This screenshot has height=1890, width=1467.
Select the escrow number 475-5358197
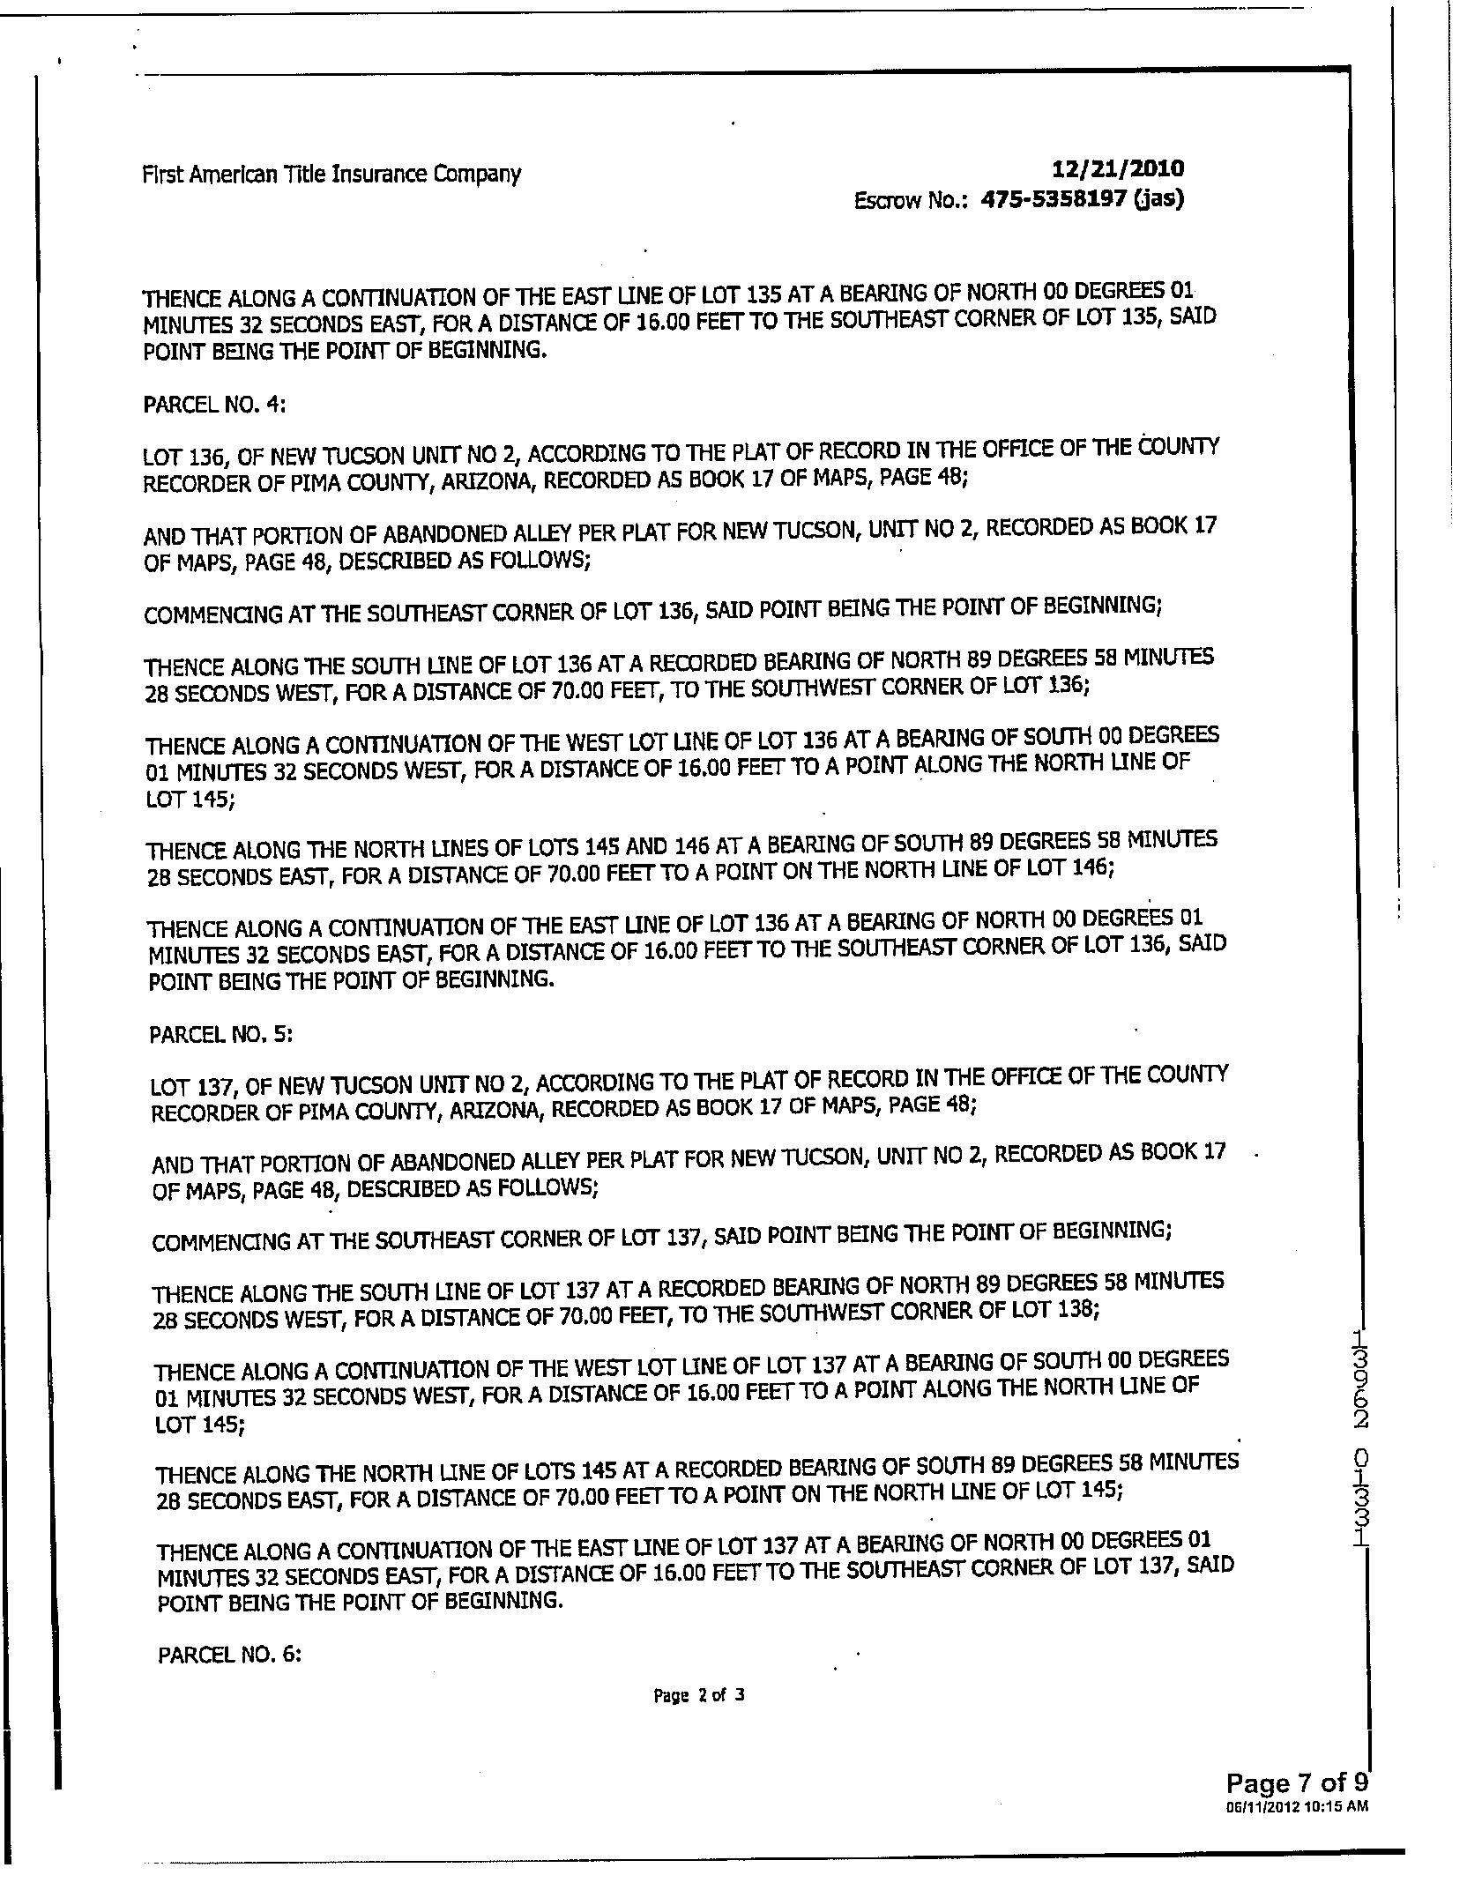[x=1054, y=199]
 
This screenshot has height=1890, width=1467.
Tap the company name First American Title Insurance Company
[x=331, y=174]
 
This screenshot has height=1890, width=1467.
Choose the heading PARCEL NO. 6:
[x=229, y=1655]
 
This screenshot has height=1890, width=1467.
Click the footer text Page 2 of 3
[x=699, y=1694]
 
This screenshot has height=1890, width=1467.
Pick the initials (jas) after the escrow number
[x=1158, y=198]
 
